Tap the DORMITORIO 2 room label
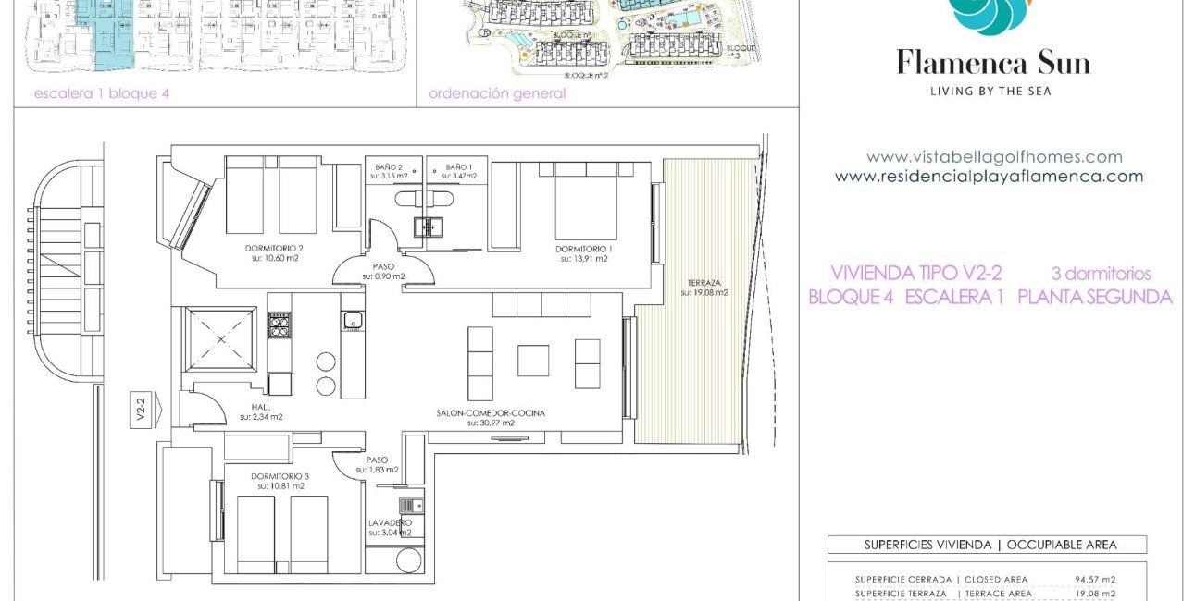click(274, 248)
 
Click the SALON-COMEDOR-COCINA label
click(491, 413)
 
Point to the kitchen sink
click(351, 320)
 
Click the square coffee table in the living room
click(532, 360)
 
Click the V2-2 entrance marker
click(141, 409)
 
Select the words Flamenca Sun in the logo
click(992, 63)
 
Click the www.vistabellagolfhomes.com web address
click(993, 157)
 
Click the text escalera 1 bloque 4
click(102, 93)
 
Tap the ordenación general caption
click(497, 93)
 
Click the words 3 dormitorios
click(1101, 274)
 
